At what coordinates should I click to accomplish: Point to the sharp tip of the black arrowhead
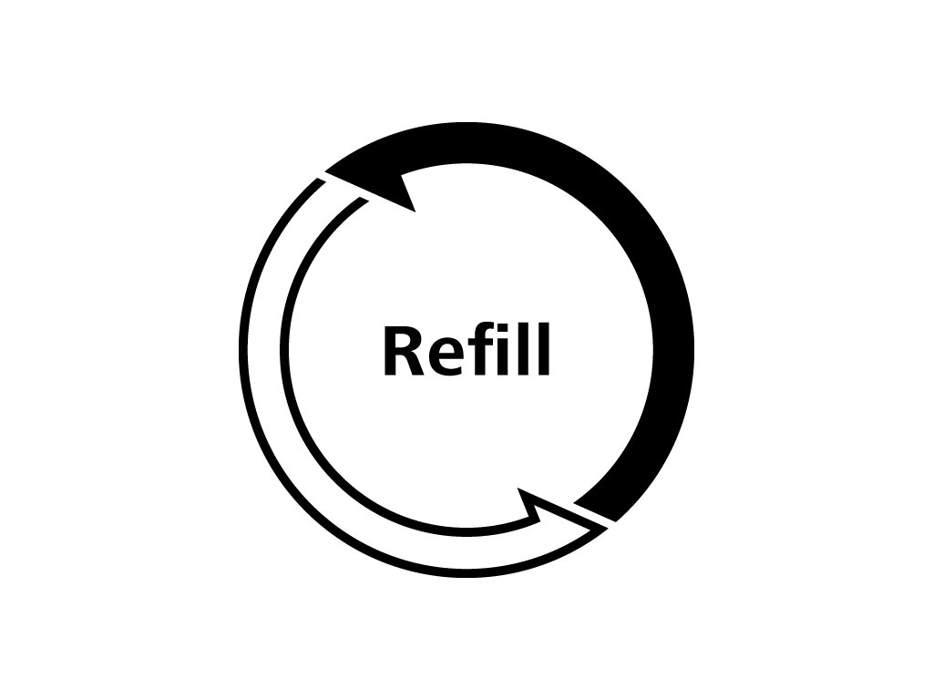pos(327,170)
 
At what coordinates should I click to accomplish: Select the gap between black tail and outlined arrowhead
pos(592,517)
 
